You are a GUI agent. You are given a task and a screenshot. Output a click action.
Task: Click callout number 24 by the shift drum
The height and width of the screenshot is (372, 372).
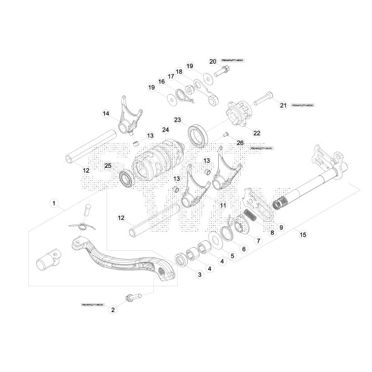coord(165,131)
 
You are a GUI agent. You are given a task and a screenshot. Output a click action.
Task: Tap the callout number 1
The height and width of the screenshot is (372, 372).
coord(54,204)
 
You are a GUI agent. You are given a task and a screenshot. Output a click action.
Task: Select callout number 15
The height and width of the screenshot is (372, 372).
coord(303,235)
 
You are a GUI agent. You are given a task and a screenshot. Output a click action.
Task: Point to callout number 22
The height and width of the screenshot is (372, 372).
coord(257,132)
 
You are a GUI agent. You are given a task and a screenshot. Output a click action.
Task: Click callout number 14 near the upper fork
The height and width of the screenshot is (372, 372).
coord(106,113)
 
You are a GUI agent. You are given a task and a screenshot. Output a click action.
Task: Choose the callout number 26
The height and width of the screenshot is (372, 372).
coord(240,142)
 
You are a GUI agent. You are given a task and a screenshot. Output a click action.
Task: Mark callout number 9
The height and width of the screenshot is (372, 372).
coord(281,226)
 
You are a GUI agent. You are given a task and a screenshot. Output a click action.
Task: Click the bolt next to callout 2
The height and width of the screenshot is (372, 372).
coord(133,296)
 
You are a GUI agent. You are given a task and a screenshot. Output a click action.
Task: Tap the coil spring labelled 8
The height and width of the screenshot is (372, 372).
coord(251,215)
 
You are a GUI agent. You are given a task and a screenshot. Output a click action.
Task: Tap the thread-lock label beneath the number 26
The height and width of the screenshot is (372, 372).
coord(243,149)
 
